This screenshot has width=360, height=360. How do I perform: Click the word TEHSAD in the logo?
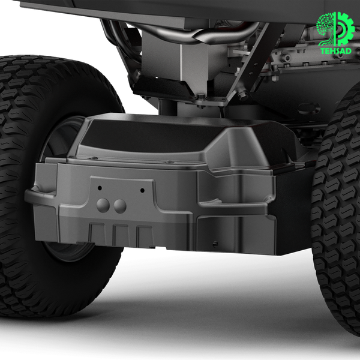pos(336,51)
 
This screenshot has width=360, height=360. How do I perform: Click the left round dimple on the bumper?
pos(103,205)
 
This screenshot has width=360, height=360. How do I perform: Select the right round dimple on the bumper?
pos(120,206)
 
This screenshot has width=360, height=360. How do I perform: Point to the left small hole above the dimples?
pos(100,188)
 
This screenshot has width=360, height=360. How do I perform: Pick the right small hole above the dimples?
pos(142,190)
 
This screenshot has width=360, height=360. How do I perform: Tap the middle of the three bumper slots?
pos(121,235)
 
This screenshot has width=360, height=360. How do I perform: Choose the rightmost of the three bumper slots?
pos(145,236)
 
